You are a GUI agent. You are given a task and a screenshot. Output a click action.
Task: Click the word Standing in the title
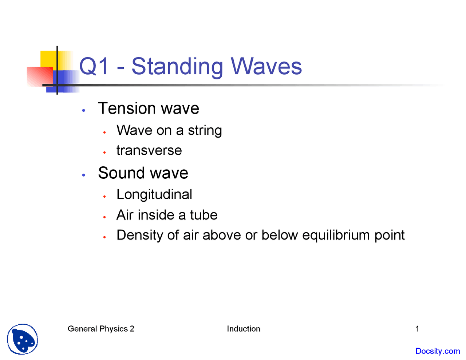click(177, 67)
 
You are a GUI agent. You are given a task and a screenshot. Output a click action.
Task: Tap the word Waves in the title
click(266, 66)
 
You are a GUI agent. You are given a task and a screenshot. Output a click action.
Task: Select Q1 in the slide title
click(94, 66)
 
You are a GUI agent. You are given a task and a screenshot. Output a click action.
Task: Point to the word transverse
click(149, 150)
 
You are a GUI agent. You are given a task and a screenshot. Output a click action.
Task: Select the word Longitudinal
click(154, 194)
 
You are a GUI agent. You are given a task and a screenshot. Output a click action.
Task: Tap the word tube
click(204, 215)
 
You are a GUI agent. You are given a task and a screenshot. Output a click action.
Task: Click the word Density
click(140, 235)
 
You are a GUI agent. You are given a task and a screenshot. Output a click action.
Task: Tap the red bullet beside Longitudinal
click(104, 197)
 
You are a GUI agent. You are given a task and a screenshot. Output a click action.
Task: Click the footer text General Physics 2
click(101, 329)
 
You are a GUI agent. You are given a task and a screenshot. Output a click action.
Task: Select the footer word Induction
click(243, 329)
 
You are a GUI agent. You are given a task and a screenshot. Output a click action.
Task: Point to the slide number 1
click(417, 329)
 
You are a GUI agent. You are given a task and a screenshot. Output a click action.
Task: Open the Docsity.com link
click(437, 351)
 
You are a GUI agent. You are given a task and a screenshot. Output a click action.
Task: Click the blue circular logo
click(23, 339)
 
